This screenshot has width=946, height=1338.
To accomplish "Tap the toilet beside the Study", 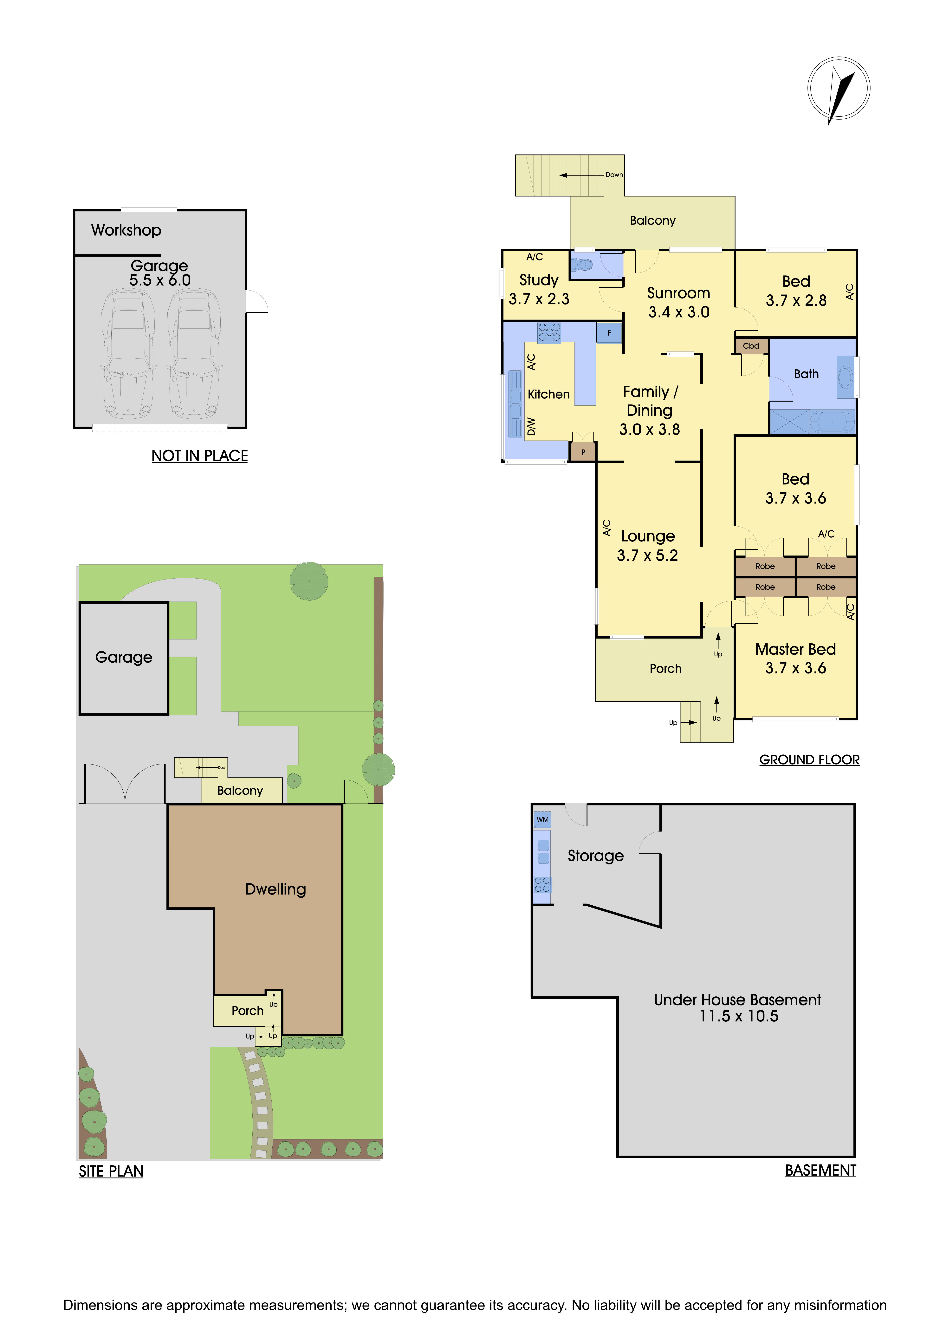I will click(x=582, y=265).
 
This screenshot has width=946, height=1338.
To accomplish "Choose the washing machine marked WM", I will click(x=542, y=819).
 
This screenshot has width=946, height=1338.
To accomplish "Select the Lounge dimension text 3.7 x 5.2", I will click(x=647, y=555).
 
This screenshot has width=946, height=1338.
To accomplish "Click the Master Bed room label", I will click(x=795, y=649).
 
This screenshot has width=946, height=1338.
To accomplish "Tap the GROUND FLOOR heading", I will click(x=809, y=760).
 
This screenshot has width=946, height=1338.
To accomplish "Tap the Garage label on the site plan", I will click(x=124, y=657).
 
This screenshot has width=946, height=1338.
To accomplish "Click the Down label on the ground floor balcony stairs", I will click(x=614, y=175).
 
